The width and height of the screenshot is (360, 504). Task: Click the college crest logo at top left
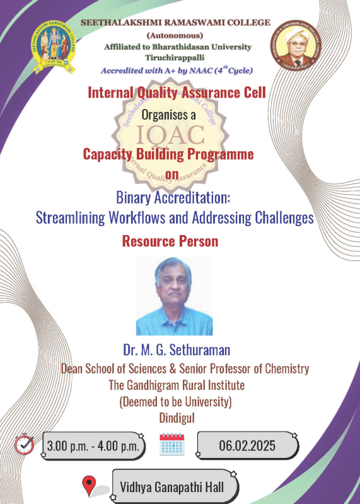tap(53, 47)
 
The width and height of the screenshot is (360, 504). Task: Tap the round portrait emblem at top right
tap(296, 45)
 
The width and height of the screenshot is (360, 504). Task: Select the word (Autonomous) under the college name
tap(175, 35)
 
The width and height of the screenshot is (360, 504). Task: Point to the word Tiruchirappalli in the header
tap(175, 58)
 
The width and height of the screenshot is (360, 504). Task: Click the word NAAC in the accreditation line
tap(200, 71)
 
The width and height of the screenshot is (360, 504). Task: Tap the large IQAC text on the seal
tap(170, 135)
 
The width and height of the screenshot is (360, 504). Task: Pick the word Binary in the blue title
tap(134, 198)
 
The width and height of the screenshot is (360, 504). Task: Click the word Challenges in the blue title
tap(284, 217)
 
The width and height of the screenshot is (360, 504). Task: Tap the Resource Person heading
tap(170, 241)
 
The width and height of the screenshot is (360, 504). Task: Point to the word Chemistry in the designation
tap(287, 369)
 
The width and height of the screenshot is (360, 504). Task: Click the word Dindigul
tap(177, 418)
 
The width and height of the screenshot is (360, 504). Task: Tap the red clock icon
tap(24, 444)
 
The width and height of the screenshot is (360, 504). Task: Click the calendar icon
tap(172, 444)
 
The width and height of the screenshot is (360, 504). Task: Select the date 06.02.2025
tap(247, 446)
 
